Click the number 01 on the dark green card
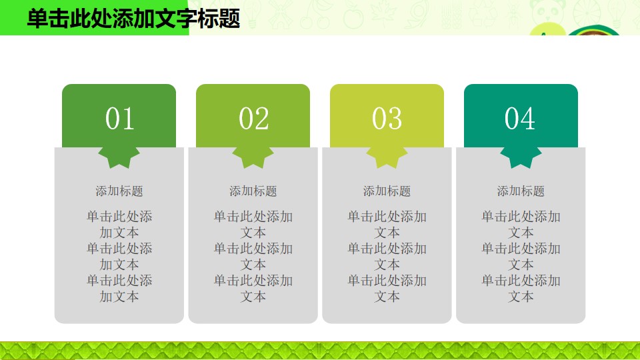coord(119,119)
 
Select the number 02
coord(253,119)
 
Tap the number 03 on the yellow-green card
coord(387,119)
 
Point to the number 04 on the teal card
coord(520,119)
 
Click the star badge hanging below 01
coord(119,156)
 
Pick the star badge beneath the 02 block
coord(253,156)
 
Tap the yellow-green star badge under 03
coord(387,156)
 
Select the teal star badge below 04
coord(521,156)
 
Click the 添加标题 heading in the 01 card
coord(119,191)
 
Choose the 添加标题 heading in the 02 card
coord(253,191)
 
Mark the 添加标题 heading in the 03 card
coord(387,191)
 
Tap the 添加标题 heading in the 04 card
coord(521,191)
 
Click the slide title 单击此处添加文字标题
coord(133,19)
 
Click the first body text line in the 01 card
coord(119,216)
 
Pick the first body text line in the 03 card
coord(387,216)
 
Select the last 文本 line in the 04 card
coord(521,296)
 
